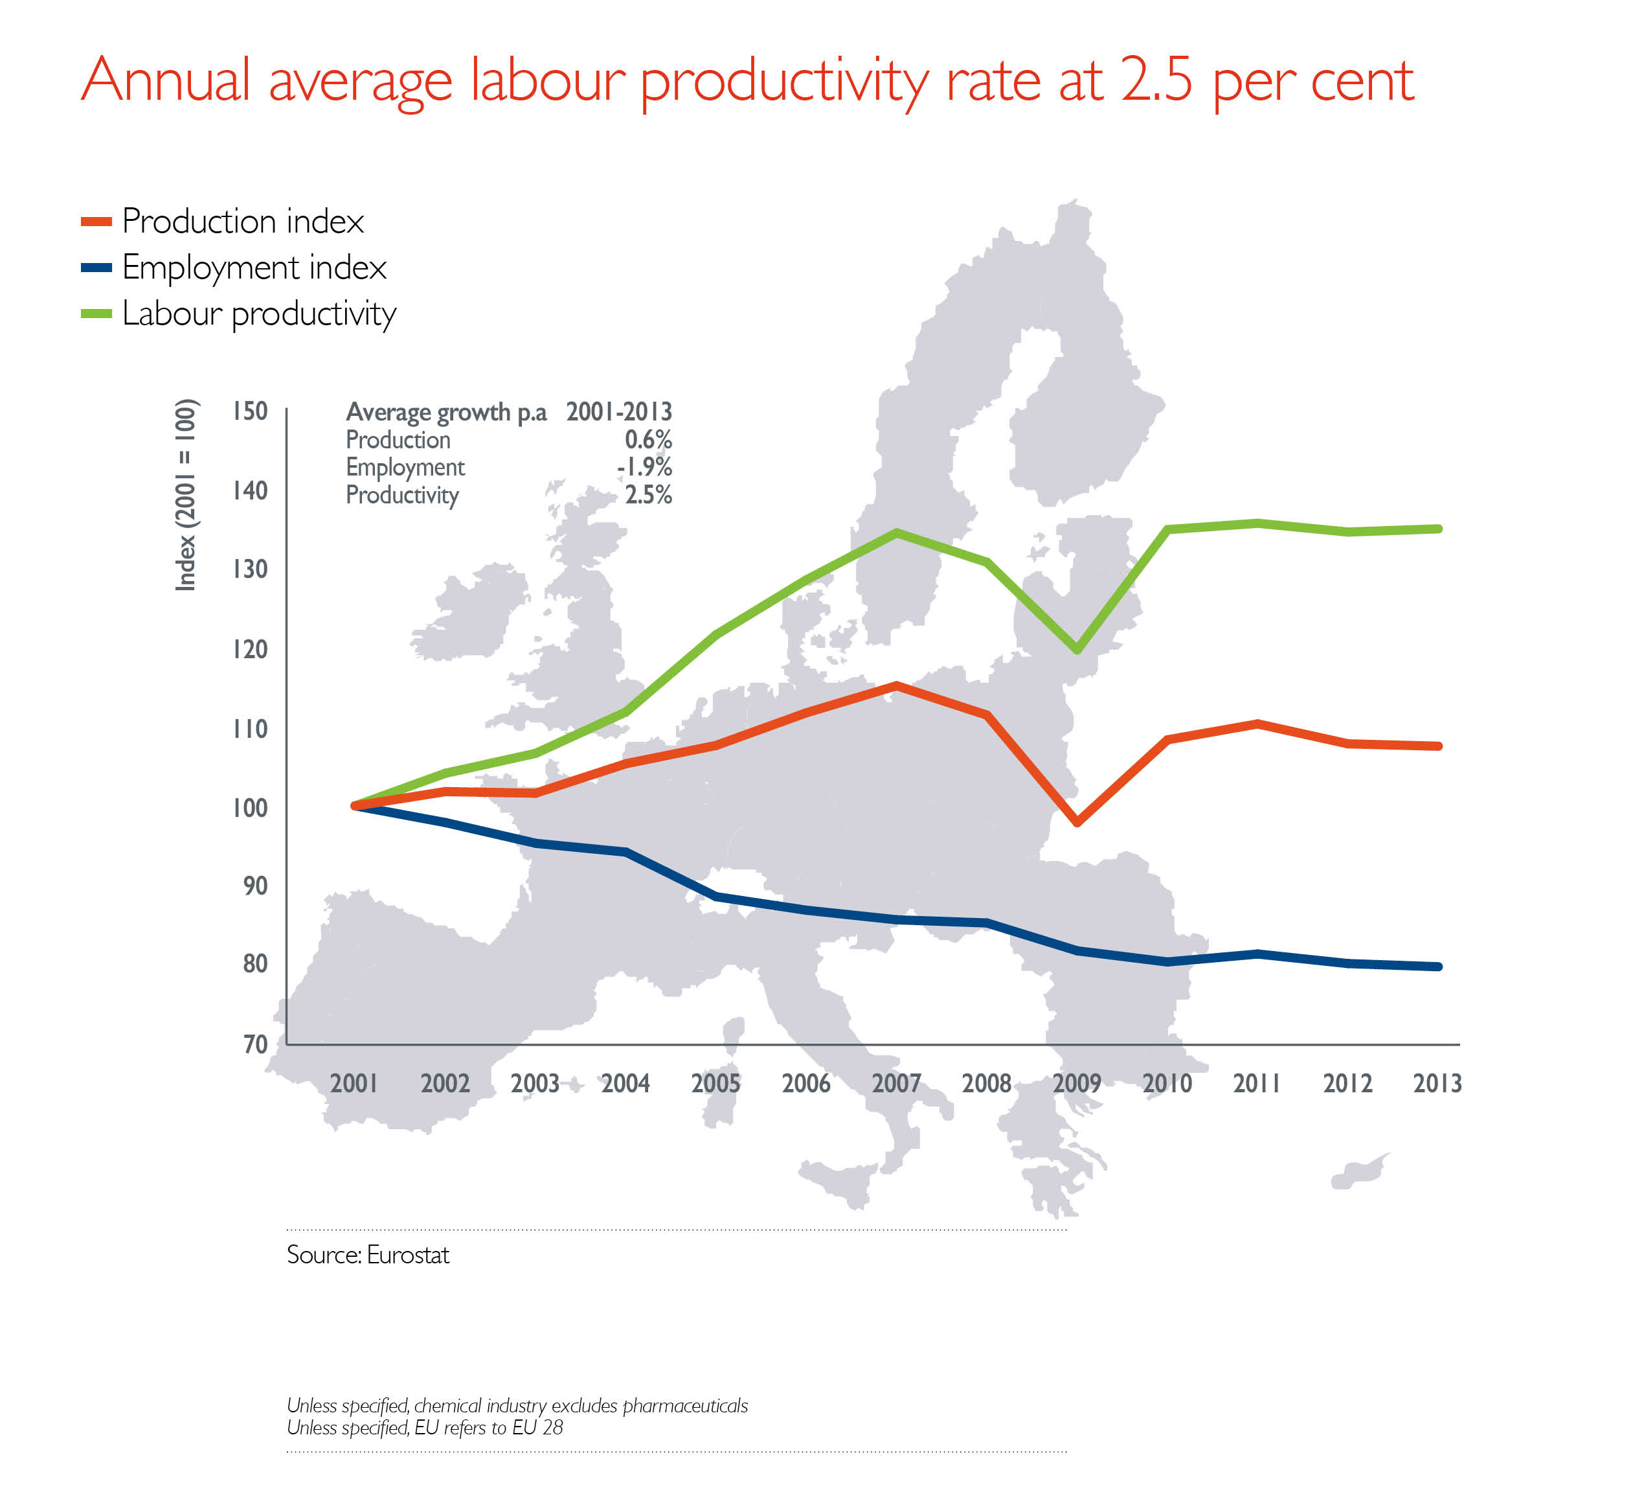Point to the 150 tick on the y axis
tap(249, 411)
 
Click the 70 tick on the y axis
tap(254, 1044)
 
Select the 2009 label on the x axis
tap(1076, 1083)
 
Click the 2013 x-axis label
tap(1437, 1083)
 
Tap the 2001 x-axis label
tap(354, 1083)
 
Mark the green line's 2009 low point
tap(1077, 649)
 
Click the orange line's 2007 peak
tap(896, 686)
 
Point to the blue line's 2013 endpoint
tap(1437, 967)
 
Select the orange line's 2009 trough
tap(1077, 822)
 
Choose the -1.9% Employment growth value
tap(644, 467)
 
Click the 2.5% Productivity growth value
tap(648, 495)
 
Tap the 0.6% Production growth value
tap(648, 440)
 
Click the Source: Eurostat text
tap(368, 1255)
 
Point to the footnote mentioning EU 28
tap(424, 1428)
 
